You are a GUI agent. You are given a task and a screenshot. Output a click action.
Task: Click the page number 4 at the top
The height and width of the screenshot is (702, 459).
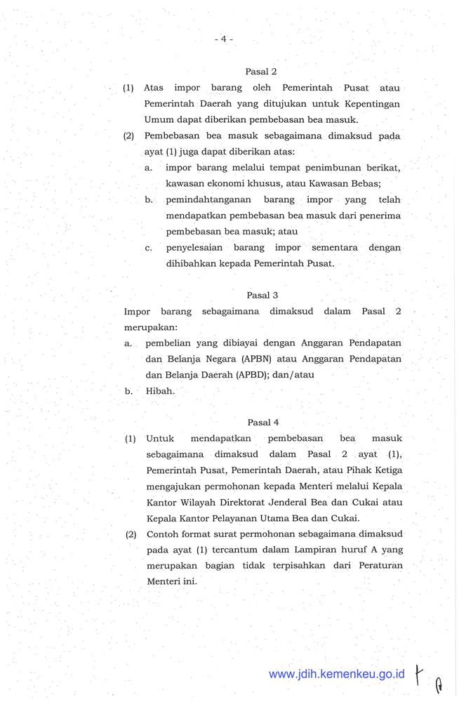click(223, 39)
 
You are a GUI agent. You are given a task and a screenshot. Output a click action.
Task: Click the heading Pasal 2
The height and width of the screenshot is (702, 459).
click(262, 71)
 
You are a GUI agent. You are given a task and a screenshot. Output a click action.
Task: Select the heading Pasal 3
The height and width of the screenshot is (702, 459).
click(262, 296)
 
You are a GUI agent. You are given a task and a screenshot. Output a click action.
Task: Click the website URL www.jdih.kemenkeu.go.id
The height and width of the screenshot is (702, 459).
click(337, 674)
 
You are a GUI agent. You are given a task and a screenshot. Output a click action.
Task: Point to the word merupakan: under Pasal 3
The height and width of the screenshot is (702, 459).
click(150, 327)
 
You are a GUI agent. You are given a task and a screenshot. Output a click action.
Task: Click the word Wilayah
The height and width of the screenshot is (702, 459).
click(204, 503)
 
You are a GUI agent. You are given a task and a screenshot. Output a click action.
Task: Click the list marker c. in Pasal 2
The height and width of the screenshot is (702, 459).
click(149, 248)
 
